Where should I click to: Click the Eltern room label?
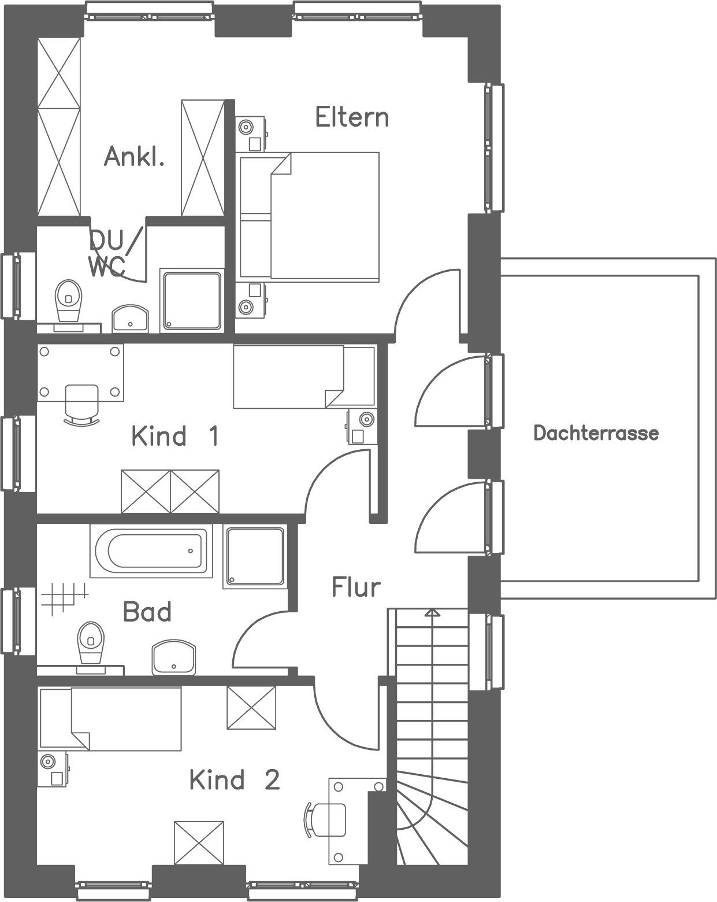(x=351, y=117)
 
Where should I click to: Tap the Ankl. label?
(x=134, y=157)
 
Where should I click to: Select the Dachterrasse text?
(x=596, y=433)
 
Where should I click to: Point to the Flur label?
(x=356, y=587)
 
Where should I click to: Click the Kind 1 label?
(x=174, y=436)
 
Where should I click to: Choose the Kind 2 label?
(x=234, y=780)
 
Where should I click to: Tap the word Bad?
(x=147, y=612)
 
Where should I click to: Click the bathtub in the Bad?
(x=150, y=551)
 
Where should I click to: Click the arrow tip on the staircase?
(x=432, y=612)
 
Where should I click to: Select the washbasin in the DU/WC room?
(x=130, y=319)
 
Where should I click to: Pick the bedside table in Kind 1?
(x=362, y=427)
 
